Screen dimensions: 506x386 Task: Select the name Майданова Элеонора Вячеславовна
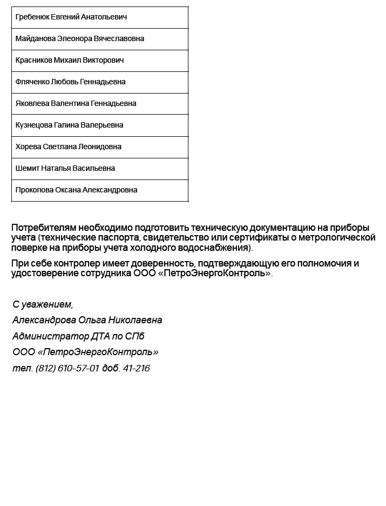(80, 39)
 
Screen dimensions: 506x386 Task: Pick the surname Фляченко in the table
(32, 82)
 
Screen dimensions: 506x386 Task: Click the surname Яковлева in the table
(33, 104)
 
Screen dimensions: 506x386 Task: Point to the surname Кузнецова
(34, 125)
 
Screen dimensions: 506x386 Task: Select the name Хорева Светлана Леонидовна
(69, 147)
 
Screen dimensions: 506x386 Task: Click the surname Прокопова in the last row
(35, 190)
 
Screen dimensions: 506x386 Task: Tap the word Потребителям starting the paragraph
(41, 228)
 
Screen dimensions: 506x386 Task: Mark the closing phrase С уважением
(43, 304)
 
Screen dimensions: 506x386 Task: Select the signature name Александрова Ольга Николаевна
(87, 320)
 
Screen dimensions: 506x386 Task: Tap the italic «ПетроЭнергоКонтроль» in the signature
(98, 352)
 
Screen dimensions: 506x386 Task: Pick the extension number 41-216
(136, 369)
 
